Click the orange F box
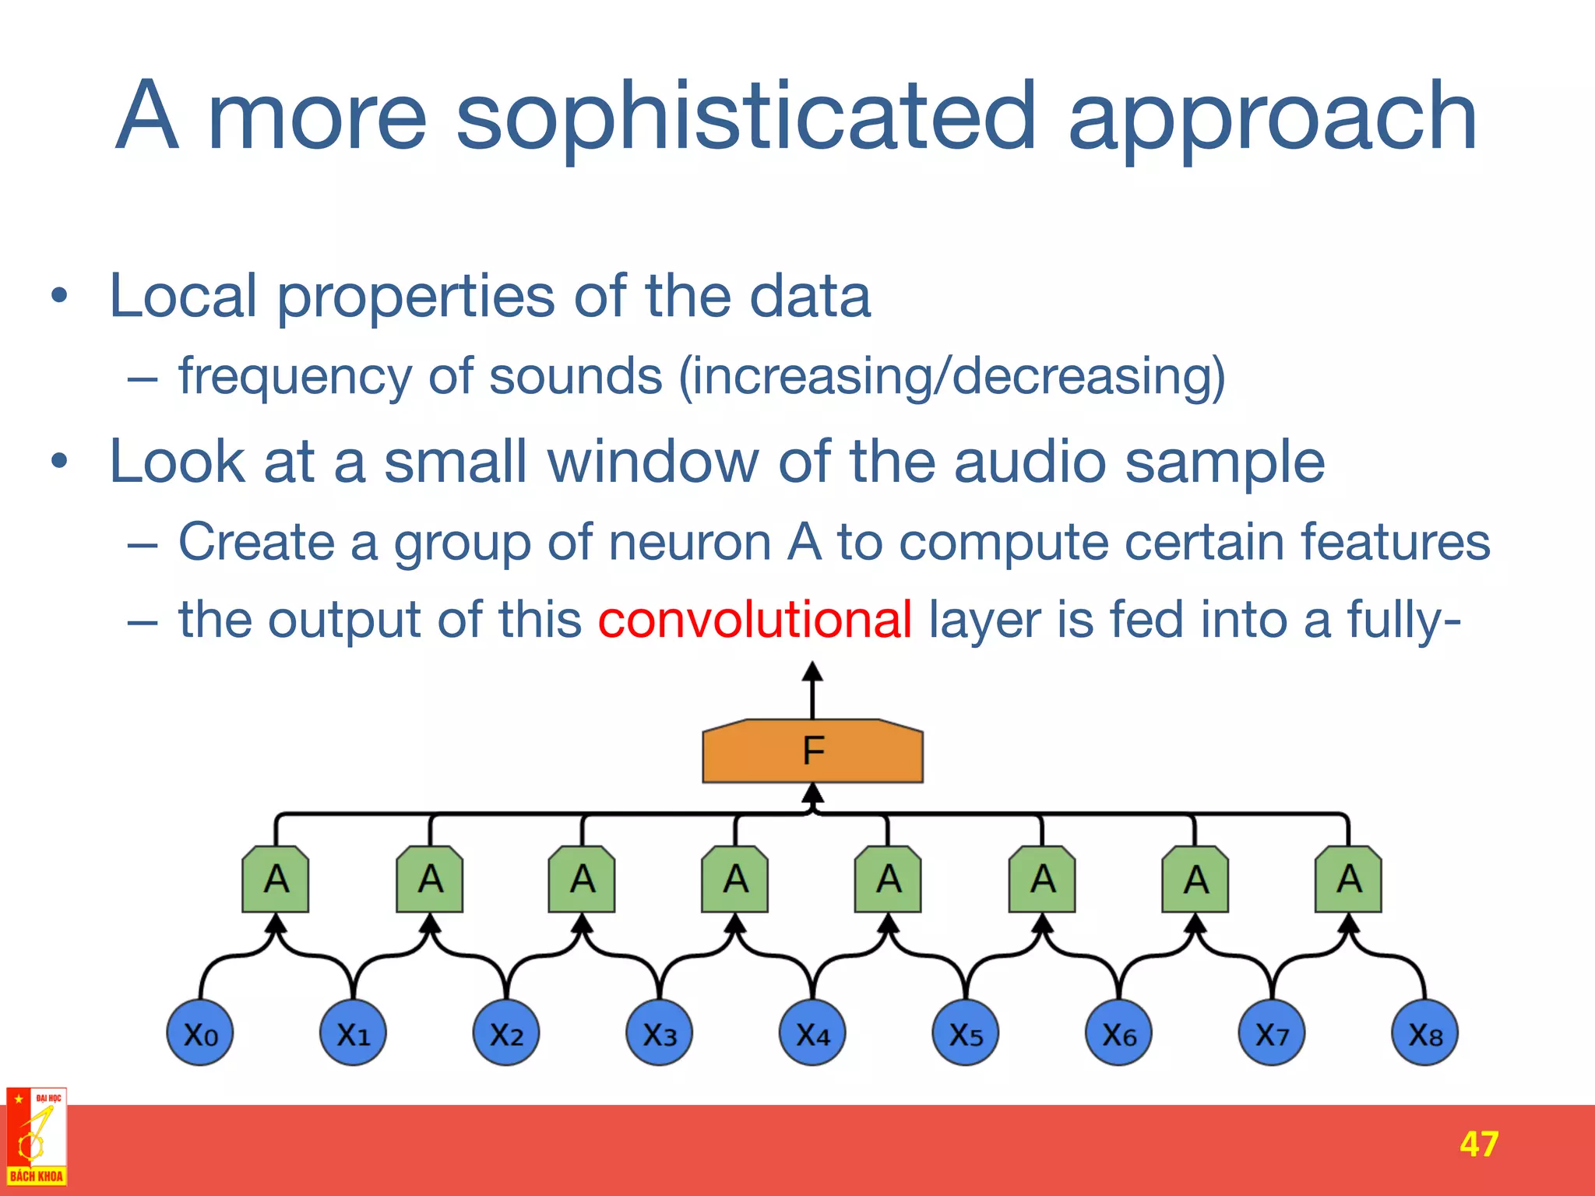(x=812, y=751)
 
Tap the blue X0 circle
(x=200, y=1033)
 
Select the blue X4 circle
(x=812, y=1033)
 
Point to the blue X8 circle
(x=1425, y=1033)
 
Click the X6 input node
(x=1119, y=1033)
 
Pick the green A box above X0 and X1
(x=276, y=880)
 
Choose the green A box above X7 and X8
(x=1349, y=880)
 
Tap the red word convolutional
(x=754, y=620)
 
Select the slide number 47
(x=1479, y=1144)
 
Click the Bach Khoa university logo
(x=36, y=1137)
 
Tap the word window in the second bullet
(x=653, y=462)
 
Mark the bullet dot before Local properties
(x=59, y=297)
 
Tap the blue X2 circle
(x=506, y=1033)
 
